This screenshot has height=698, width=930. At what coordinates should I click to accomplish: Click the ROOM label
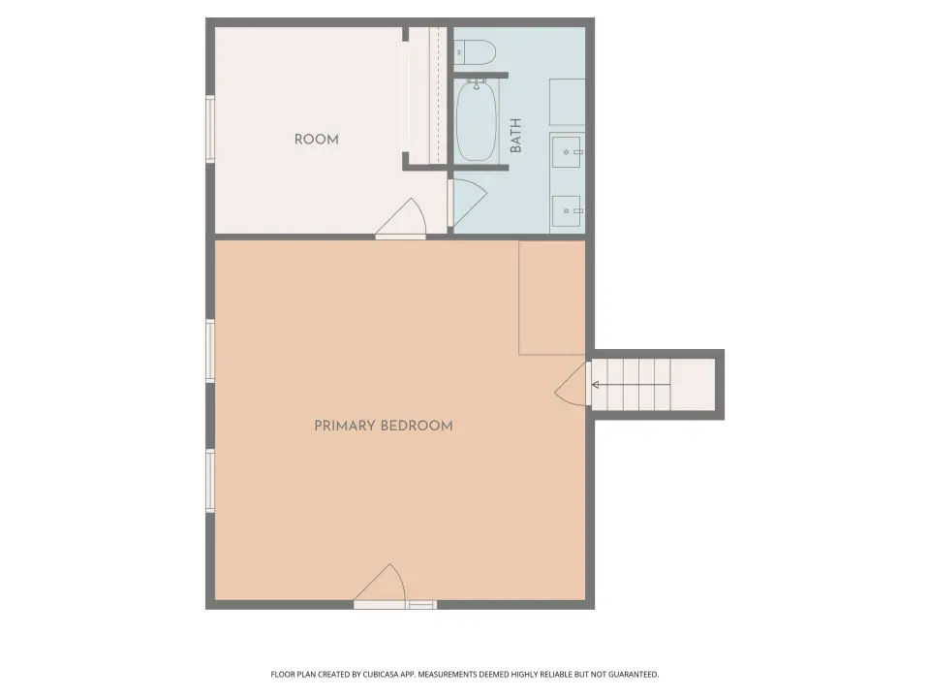pyautogui.click(x=316, y=140)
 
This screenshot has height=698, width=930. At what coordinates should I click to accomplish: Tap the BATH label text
pyautogui.click(x=515, y=136)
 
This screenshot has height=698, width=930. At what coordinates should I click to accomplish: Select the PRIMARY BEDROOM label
pyautogui.click(x=384, y=426)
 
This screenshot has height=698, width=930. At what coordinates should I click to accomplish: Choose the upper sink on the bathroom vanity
pyautogui.click(x=567, y=152)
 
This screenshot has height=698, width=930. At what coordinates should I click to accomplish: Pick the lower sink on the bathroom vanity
pyautogui.click(x=567, y=210)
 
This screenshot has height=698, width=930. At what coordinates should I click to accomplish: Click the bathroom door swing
pyautogui.click(x=469, y=202)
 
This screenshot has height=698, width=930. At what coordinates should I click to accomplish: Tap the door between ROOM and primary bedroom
pyautogui.click(x=401, y=219)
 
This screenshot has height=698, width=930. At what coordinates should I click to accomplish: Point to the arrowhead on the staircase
pyautogui.click(x=595, y=385)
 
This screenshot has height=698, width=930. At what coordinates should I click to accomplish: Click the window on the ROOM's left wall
pyautogui.click(x=210, y=129)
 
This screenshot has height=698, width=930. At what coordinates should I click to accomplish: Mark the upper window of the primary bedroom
pyautogui.click(x=210, y=351)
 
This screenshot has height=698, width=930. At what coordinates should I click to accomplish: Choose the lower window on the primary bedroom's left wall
pyautogui.click(x=210, y=481)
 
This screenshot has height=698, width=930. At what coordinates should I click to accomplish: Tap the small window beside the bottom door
pyautogui.click(x=421, y=605)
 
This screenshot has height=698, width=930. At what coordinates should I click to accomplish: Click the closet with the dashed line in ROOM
pyautogui.click(x=427, y=95)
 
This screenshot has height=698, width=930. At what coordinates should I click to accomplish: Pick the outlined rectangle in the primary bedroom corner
pyautogui.click(x=551, y=298)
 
